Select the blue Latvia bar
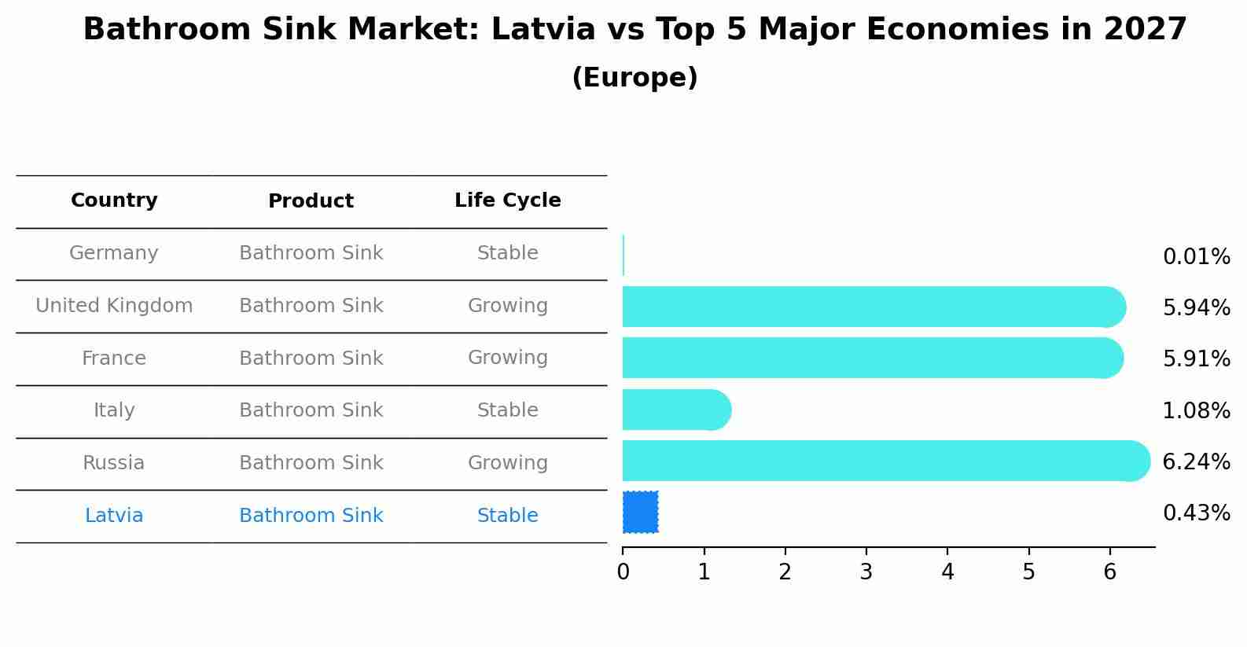tap(640, 512)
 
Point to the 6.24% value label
tap(1196, 462)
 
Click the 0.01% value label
tap(1196, 257)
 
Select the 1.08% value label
tap(1196, 411)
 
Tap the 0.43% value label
tap(1196, 513)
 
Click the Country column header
tap(114, 200)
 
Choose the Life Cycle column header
tap(507, 200)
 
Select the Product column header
tap(311, 201)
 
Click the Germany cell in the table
tap(114, 253)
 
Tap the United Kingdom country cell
tap(114, 306)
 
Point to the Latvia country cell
tap(114, 516)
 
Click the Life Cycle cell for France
tap(507, 358)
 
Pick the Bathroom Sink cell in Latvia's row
tap(311, 516)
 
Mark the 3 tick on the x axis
tap(866, 572)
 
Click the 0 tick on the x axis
tap(623, 572)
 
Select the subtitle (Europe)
tap(635, 78)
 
